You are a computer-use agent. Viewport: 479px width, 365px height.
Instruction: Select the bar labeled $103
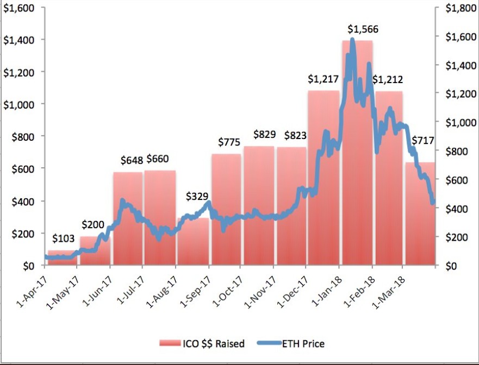coord(63,258)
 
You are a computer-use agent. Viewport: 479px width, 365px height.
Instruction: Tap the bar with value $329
coord(192,242)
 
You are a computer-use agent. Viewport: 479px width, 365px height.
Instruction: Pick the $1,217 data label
coord(323,79)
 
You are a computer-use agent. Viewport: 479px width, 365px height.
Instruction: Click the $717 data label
coord(422,141)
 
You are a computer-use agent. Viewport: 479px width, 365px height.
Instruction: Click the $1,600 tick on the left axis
coord(18,8)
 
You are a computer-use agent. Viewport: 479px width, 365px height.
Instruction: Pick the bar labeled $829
coord(258,206)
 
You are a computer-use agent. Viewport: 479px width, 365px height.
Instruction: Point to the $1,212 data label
coord(388,79)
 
